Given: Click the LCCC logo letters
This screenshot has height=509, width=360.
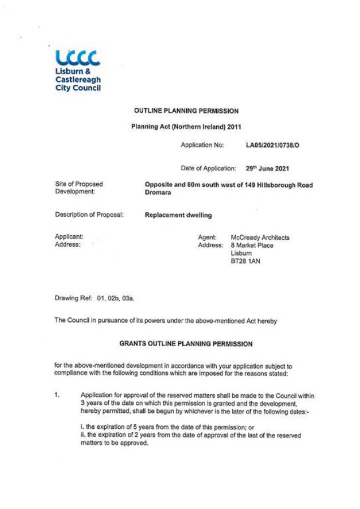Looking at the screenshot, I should tap(78, 58).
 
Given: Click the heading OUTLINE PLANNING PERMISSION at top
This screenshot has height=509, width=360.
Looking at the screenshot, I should tap(186, 111).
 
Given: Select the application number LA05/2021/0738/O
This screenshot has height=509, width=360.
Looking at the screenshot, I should tap(273, 146).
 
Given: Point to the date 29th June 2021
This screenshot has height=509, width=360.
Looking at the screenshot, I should tap(268, 168).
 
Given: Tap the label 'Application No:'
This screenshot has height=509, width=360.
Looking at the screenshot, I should tap(203, 146).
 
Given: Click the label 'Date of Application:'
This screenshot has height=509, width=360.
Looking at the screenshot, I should tap(208, 168).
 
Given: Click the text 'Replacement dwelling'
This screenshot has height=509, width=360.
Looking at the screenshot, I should tap(179, 215).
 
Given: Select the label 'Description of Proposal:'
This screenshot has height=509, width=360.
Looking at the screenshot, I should tap(89, 215).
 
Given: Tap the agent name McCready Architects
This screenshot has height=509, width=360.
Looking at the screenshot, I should tap(260, 238).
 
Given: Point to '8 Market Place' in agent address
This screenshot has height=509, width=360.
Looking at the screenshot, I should tap(252, 245).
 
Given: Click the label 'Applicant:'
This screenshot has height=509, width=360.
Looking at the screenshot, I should tap(69, 237).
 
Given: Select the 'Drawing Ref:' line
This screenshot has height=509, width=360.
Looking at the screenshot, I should tap(95, 297).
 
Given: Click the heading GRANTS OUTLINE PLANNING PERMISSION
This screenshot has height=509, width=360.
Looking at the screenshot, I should tap(186, 343).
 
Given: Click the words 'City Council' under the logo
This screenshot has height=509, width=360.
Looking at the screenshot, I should tap(78, 89).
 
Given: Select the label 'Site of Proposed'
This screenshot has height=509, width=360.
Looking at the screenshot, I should tap(79, 184).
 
